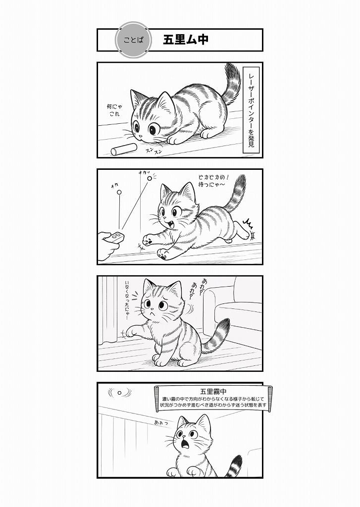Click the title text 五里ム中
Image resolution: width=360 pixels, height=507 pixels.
(x=185, y=40)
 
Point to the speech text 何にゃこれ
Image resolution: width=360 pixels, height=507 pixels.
(x=113, y=110)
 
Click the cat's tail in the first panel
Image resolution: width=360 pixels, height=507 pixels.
(x=231, y=84)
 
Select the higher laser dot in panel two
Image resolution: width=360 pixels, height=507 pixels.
(x=150, y=178)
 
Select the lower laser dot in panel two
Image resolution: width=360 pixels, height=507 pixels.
(x=119, y=195)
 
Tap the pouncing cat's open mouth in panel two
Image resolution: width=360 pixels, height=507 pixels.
(x=171, y=224)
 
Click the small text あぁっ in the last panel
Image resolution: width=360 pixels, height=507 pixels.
(x=161, y=423)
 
